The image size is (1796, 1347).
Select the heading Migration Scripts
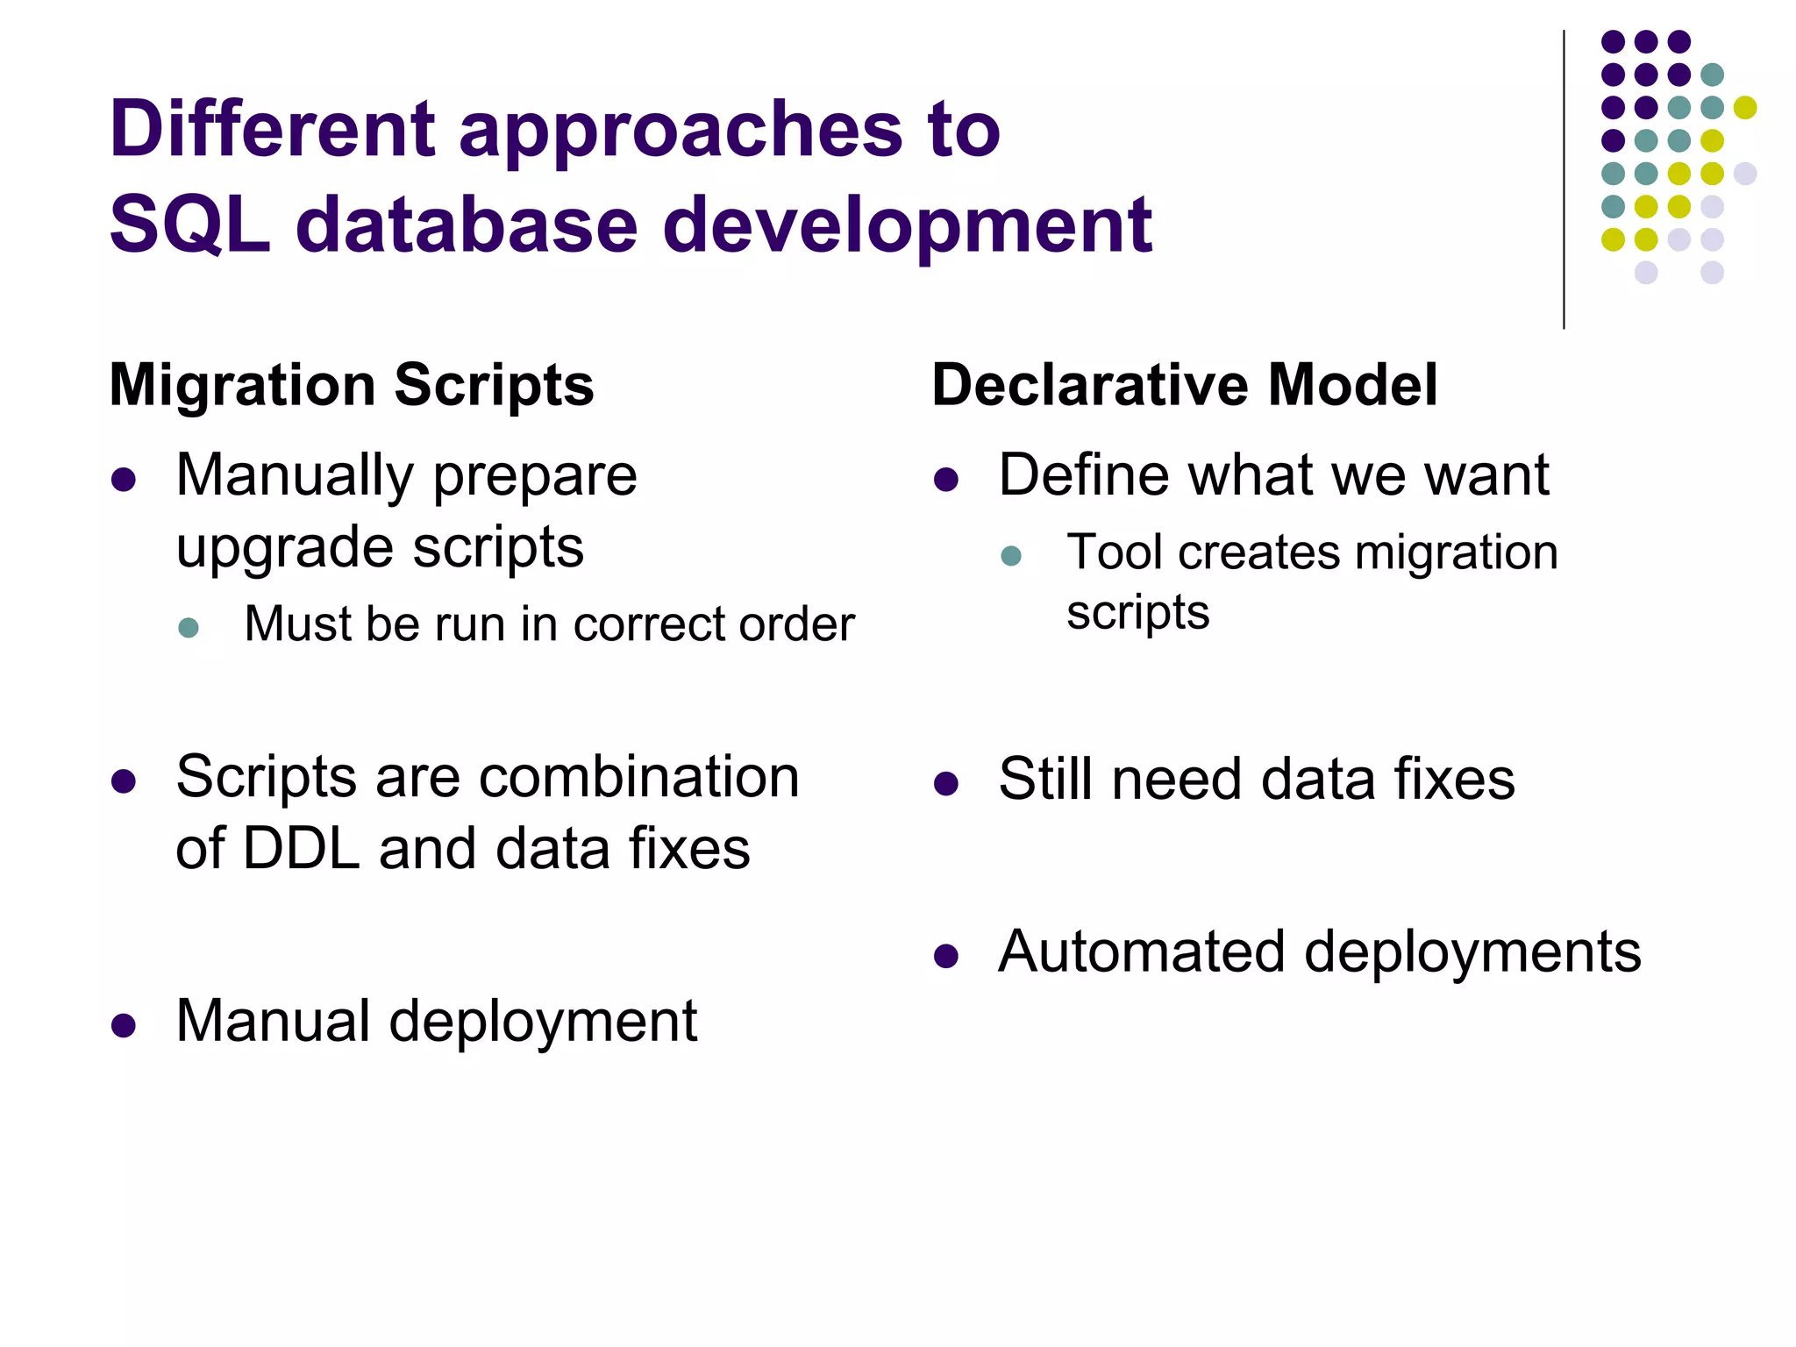click(352, 385)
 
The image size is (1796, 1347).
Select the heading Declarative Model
click(1184, 385)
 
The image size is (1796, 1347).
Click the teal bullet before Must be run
click(189, 627)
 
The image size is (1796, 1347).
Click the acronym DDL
click(301, 849)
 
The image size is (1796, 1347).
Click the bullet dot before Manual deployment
click(124, 1025)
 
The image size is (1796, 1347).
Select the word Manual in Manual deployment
click(273, 1022)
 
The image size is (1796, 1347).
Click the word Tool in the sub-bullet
click(1115, 553)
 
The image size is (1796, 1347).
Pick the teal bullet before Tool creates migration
click(1011, 556)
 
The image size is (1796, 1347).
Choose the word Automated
click(1141, 951)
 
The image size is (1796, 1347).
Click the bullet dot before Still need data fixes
click(945, 783)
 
